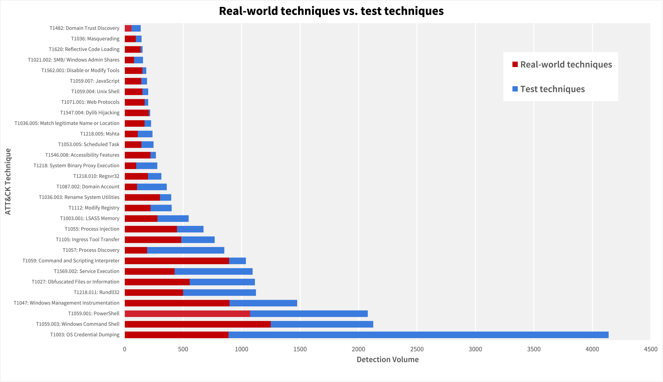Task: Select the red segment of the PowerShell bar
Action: [x=187, y=314]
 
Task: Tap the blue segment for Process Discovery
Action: [x=186, y=250]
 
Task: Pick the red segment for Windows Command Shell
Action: [x=198, y=324]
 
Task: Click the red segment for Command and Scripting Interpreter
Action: [x=177, y=261]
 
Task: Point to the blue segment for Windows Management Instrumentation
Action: [x=263, y=303]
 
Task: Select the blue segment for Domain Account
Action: [x=152, y=187]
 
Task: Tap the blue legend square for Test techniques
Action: [x=515, y=89]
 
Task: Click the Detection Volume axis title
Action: [x=388, y=359]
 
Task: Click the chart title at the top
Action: [x=331, y=11]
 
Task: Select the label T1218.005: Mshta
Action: [x=100, y=134]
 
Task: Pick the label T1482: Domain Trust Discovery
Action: [x=84, y=28]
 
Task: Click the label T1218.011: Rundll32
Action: [x=97, y=292]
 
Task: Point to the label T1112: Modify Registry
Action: [x=94, y=208]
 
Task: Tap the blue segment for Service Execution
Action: [x=214, y=271]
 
